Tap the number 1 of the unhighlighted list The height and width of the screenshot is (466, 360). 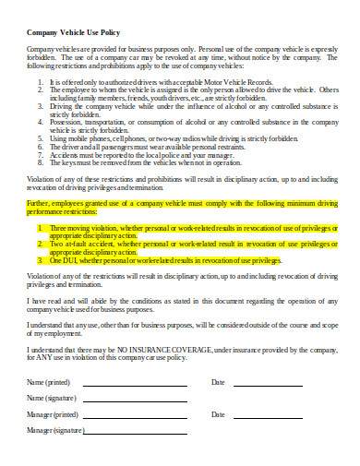pos(40,82)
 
